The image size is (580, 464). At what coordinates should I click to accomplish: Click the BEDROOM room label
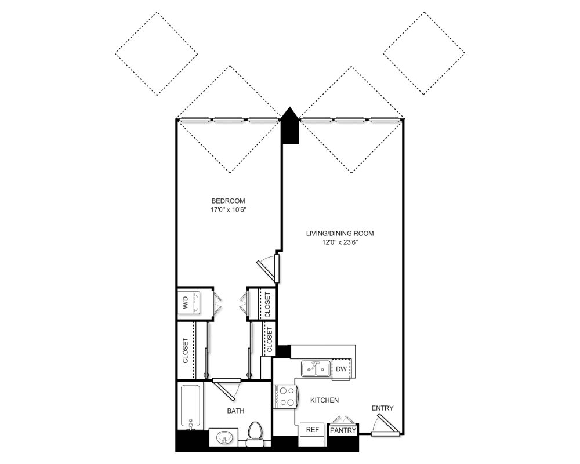point(228,201)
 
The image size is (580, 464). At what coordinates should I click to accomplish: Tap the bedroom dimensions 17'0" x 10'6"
point(228,210)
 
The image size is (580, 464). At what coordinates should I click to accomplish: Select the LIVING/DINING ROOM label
point(339,234)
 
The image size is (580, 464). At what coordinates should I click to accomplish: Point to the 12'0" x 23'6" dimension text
point(340,243)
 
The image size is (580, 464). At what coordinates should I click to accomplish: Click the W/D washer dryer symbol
point(189,303)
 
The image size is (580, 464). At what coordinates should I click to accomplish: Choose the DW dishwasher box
point(341,369)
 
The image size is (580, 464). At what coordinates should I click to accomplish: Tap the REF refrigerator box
point(312,430)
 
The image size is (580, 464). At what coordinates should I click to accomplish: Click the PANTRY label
point(343,430)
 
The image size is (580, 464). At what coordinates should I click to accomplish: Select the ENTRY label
point(382,408)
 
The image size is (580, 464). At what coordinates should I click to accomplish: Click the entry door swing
point(386,425)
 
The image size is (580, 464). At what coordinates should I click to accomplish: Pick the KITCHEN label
point(324,400)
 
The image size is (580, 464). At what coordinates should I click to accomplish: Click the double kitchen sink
point(316,369)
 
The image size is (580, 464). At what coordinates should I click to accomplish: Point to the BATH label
point(235,411)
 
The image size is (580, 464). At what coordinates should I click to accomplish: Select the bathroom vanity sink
point(223,437)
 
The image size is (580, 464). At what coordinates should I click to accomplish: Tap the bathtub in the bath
point(190,406)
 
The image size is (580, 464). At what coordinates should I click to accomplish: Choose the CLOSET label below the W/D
point(186,350)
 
